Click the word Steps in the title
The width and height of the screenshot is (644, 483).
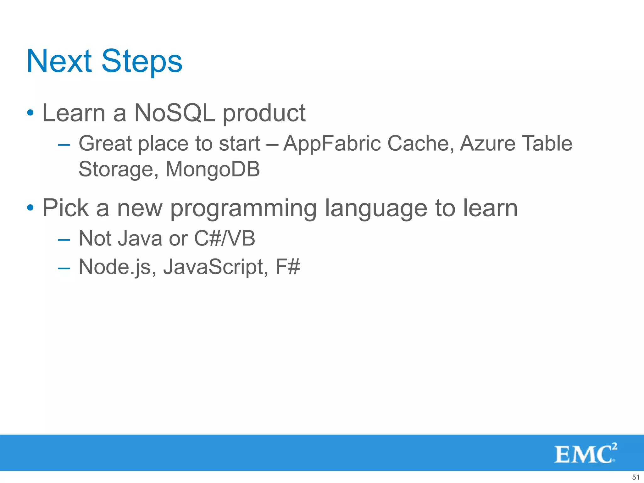tap(142, 62)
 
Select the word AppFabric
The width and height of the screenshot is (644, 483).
tap(332, 144)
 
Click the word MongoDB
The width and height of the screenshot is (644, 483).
tap(213, 169)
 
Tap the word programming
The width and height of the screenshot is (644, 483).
tap(243, 209)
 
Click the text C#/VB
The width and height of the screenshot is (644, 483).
tap(225, 238)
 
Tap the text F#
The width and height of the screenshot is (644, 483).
tap(288, 267)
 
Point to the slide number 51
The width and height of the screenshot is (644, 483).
tap(636, 477)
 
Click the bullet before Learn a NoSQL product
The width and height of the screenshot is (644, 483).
tap(30, 113)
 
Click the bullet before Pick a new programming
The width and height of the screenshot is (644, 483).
tap(30, 208)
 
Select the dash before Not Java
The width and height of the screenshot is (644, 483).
tap(64, 240)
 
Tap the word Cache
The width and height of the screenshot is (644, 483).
tap(420, 143)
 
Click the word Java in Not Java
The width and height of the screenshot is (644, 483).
tap(140, 238)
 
